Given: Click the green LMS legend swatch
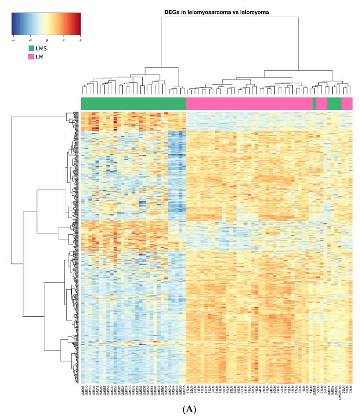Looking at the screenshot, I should coord(31,48).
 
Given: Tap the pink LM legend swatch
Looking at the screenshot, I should coord(31,56).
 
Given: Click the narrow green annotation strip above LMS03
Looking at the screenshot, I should coord(315,103).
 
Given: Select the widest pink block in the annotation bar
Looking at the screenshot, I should coord(249,103).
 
